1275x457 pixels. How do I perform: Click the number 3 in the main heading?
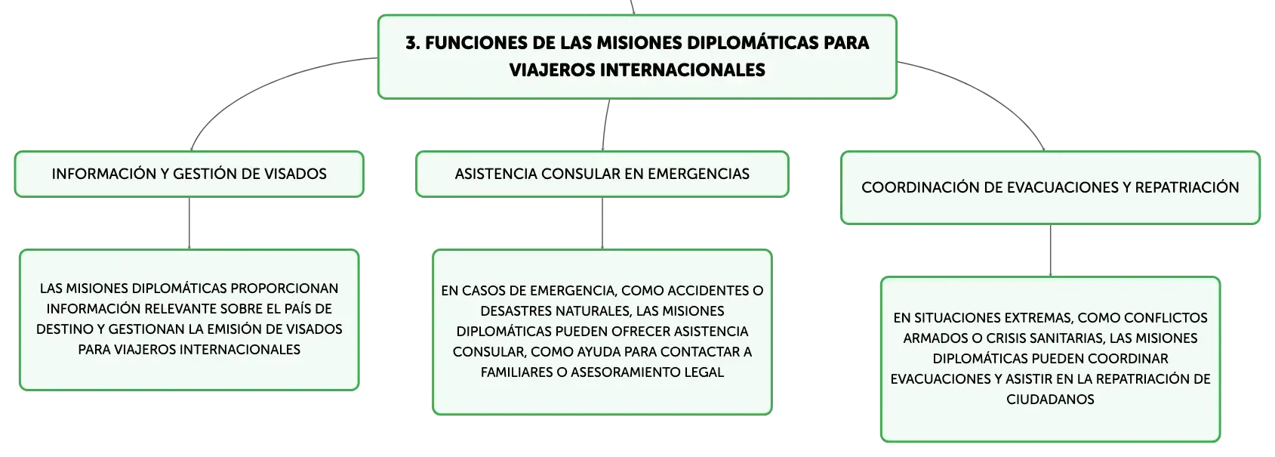coord(412,43)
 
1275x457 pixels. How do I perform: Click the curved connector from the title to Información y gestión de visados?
coord(262,85)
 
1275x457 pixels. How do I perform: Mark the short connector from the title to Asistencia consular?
coord(605,125)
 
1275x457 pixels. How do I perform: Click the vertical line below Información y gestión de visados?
coord(189,224)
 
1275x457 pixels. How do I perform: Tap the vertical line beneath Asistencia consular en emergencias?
coord(602,224)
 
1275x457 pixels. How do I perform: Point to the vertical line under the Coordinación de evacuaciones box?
coord(1050,251)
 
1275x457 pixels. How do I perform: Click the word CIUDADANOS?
coord(1050,400)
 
